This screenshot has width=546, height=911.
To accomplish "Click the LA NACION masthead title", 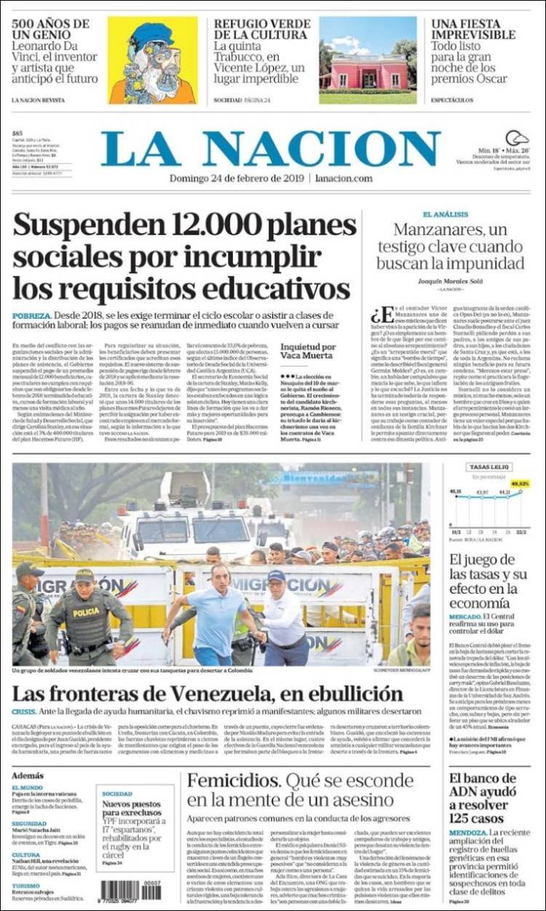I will click(270, 149).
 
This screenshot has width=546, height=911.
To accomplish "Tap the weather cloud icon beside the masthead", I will click(517, 138).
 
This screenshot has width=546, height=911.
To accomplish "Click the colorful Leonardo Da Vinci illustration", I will click(152, 60).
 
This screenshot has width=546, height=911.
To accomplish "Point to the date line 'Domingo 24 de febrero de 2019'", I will click(237, 178).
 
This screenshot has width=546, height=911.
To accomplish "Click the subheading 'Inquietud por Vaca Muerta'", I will click(308, 351).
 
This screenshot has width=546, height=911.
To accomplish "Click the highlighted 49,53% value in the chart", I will click(520, 483).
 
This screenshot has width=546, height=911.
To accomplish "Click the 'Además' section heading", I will click(28, 776).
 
